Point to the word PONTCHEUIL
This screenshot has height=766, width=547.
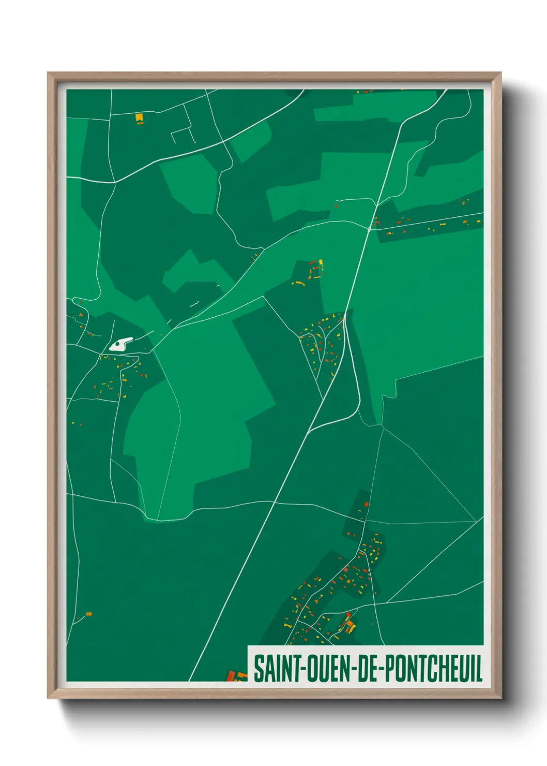click(434, 668)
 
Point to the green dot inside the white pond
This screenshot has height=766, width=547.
click(118, 343)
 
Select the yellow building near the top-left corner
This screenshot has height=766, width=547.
click(139, 118)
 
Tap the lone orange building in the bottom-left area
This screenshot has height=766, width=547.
click(88, 614)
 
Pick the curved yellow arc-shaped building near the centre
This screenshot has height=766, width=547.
click(298, 283)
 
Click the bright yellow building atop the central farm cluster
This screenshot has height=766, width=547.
click(321, 262)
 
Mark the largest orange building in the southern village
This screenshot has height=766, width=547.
click(351, 627)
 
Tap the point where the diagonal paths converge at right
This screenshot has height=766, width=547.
click(476, 521)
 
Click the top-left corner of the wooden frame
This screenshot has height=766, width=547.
click(48, 73)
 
